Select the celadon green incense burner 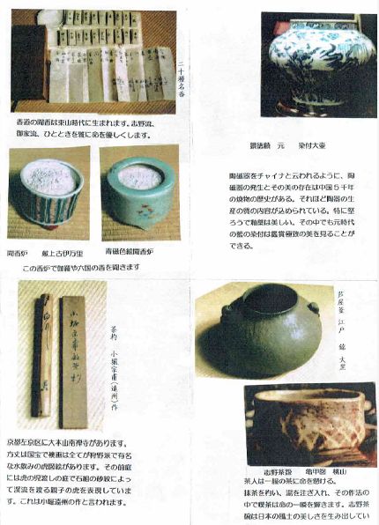pyautogui.click(x=138, y=184)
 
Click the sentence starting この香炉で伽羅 pyautogui.click(x=88, y=267)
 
